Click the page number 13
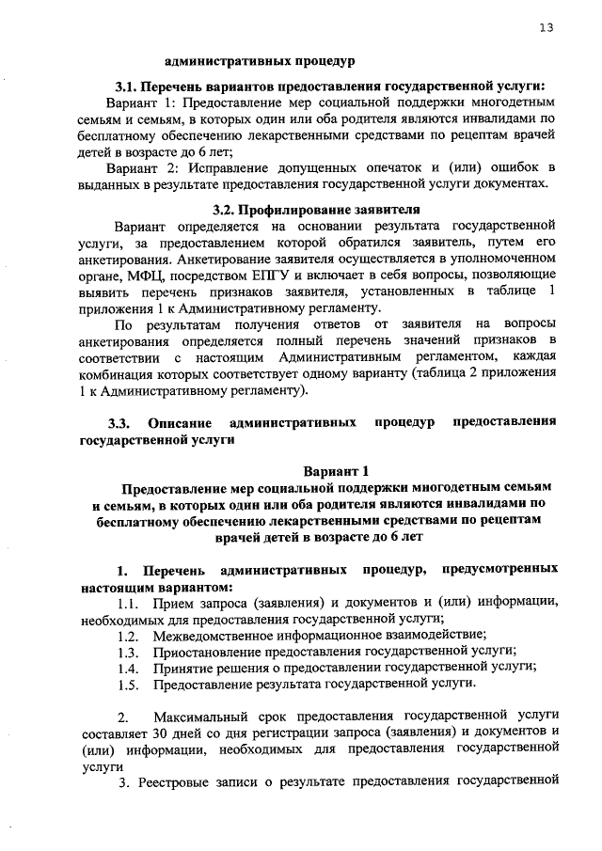point(546,27)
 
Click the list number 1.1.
point(130,603)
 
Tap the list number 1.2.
point(130,636)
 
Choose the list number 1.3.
point(130,652)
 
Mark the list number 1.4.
point(130,668)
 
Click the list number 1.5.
point(130,684)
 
